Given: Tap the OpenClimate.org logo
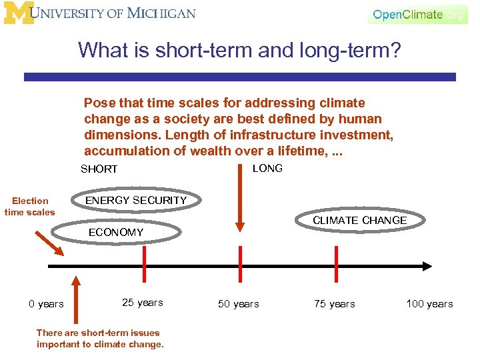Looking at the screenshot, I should click(417, 14).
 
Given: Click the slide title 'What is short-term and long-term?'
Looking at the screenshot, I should click(239, 50).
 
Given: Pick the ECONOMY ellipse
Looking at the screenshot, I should click(116, 232).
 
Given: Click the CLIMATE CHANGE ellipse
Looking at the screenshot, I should click(359, 221).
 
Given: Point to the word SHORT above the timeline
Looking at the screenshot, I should click(99, 169).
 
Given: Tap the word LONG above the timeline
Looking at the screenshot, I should click(267, 168).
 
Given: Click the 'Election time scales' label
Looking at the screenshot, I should click(30, 206).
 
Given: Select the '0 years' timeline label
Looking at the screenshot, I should click(46, 304).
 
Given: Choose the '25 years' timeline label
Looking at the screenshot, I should click(142, 303).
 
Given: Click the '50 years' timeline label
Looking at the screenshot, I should click(238, 304).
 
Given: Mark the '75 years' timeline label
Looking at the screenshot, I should click(334, 304).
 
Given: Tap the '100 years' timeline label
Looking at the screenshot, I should click(429, 304).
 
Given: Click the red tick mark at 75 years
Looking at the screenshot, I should click(335, 265).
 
